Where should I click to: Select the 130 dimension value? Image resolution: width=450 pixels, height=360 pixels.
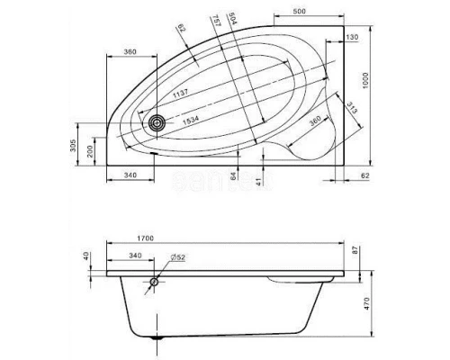[x=352, y=37]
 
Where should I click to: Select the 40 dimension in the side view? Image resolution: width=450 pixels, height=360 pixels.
[x=87, y=257]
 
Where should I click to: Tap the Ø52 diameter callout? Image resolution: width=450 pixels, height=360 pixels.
[x=176, y=256]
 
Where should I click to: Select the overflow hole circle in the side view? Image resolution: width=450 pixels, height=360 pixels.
[x=155, y=282]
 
